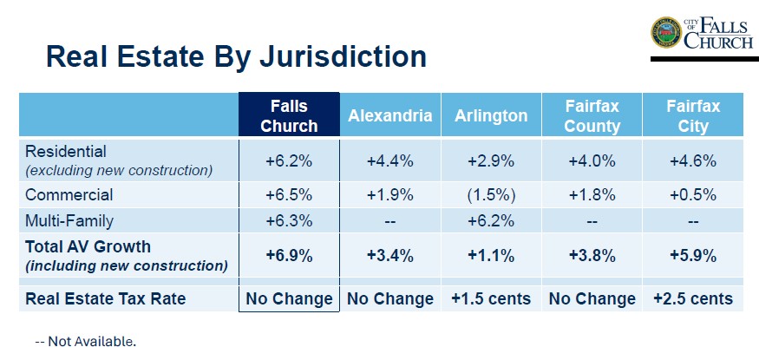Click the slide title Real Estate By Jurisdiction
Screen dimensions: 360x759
(x=236, y=56)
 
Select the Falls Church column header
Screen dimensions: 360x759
(x=289, y=115)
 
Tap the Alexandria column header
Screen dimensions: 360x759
(x=389, y=115)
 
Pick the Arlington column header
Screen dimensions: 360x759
(x=490, y=115)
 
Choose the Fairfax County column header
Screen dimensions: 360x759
(x=592, y=115)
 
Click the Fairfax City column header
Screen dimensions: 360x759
(x=692, y=115)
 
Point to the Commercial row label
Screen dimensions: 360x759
(x=69, y=195)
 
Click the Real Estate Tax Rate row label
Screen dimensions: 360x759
(x=106, y=299)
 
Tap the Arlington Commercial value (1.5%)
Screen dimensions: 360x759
(x=490, y=195)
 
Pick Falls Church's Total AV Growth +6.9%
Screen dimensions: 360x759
(x=289, y=256)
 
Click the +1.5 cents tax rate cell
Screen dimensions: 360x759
(x=490, y=299)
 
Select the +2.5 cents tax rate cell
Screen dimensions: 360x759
(x=692, y=299)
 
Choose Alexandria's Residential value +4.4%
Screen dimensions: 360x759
(x=389, y=160)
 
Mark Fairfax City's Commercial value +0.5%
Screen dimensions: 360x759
(x=692, y=195)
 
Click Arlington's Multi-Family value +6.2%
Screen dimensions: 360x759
(x=490, y=220)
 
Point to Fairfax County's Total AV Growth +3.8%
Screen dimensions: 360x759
(x=592, y=256)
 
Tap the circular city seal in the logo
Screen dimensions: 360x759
(x=666, y=32)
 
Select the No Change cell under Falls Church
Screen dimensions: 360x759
(x=289, y=299)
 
